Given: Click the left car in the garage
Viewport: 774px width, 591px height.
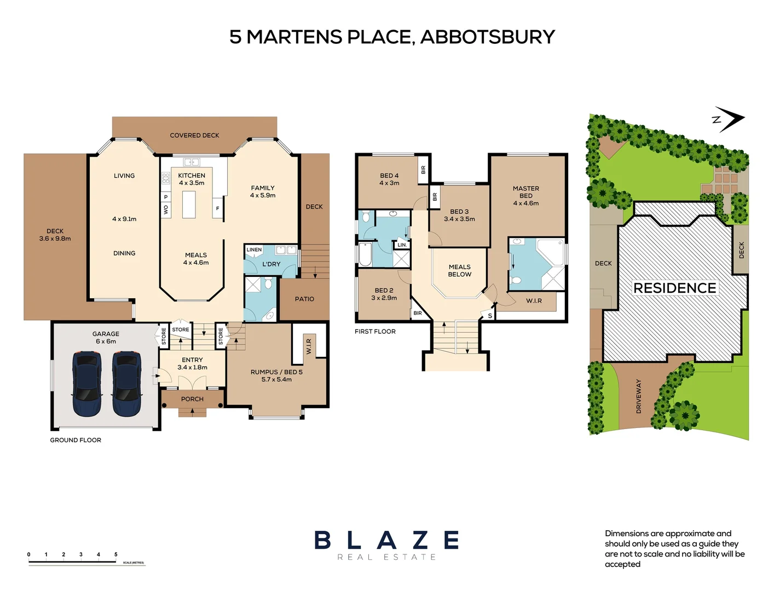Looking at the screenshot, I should (x=87, y=384).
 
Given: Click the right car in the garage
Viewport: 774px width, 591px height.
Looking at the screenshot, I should (x=126, y=384).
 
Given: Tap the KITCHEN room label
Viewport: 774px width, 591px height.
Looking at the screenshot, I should (x=192, y=176).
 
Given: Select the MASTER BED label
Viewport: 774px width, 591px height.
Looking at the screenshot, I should (x=525, y=192).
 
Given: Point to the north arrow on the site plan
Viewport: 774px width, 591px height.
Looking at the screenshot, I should (x=730, y=119).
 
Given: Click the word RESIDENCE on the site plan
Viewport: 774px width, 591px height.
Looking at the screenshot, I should (x=674, y=288).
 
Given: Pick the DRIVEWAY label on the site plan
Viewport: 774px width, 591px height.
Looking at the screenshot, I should (x=638, y=396).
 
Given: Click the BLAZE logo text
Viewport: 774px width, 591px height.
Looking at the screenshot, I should (x=386, y=541).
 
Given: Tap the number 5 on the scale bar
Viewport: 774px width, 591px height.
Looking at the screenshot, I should (x=115, y=554).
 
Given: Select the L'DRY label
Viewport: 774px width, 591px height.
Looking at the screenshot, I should (x=271, y=264).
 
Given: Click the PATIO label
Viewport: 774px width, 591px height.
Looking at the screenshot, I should (x=304, y=299).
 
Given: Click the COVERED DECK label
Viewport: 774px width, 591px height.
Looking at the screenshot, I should (x=194, y=135).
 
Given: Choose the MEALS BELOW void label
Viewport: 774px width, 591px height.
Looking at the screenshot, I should (x=459, y=271).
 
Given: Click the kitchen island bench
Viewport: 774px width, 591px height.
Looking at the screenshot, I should (x=189, y=204).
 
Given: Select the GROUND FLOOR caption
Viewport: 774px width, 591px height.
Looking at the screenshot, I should (x=76, y=440).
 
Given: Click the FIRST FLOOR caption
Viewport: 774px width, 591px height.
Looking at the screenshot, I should (x=375, y=332).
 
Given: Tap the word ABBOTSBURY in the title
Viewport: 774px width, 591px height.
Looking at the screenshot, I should (x=487, y=37).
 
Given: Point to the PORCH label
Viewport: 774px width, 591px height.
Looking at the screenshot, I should (x=192, y=399).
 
